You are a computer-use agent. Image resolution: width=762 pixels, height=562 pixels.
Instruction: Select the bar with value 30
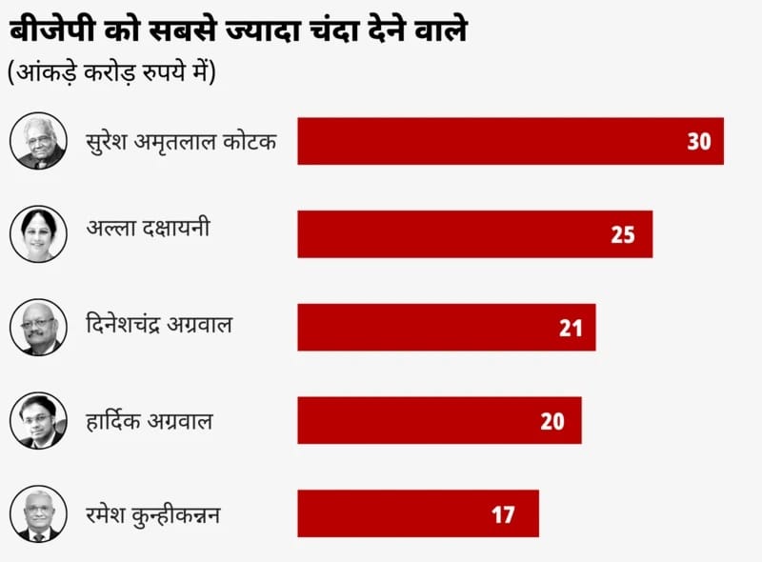(510, 141)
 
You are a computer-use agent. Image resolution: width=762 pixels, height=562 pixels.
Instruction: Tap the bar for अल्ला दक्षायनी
(474, 234)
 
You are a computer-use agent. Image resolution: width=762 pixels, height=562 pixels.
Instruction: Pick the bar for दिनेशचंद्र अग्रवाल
(446, 328)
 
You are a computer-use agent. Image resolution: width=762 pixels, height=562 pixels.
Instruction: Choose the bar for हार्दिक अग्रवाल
(439, 421)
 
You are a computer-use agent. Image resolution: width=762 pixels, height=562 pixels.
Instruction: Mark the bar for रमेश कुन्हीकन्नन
(417, 514)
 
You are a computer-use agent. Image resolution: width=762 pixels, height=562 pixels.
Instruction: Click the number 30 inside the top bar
(699, 141)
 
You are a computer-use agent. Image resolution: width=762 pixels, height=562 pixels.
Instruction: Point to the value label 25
(623, 234)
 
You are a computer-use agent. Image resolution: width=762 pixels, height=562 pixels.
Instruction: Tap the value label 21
(571, 328)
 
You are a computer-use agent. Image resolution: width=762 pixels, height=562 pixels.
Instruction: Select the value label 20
(552, 421)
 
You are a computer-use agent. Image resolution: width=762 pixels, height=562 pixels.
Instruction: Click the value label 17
(504, 514)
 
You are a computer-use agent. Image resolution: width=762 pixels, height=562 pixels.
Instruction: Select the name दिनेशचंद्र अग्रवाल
(159, 325)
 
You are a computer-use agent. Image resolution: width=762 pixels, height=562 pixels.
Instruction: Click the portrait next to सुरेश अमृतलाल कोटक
(39, 141)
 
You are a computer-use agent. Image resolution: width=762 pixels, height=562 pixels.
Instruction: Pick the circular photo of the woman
(39, 234)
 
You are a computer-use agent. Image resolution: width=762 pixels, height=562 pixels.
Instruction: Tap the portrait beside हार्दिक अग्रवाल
(39, 421)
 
